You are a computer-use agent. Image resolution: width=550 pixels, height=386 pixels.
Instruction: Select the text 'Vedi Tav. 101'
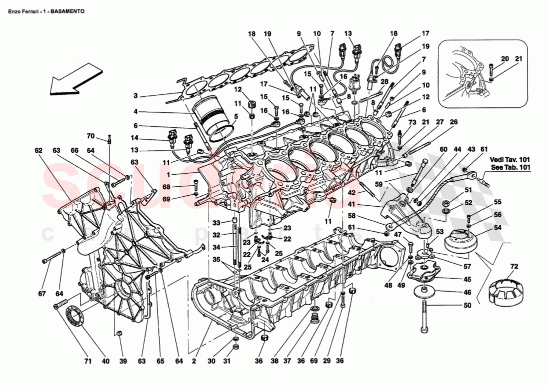pos(509,159)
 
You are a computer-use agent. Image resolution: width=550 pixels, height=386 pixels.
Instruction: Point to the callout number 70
pos(90,136)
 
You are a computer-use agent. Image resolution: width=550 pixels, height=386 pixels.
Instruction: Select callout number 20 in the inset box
pos(505,58)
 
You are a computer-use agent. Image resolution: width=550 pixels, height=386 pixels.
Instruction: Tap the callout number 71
pos(87,361)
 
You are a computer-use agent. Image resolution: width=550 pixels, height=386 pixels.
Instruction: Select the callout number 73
pos(398,122)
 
